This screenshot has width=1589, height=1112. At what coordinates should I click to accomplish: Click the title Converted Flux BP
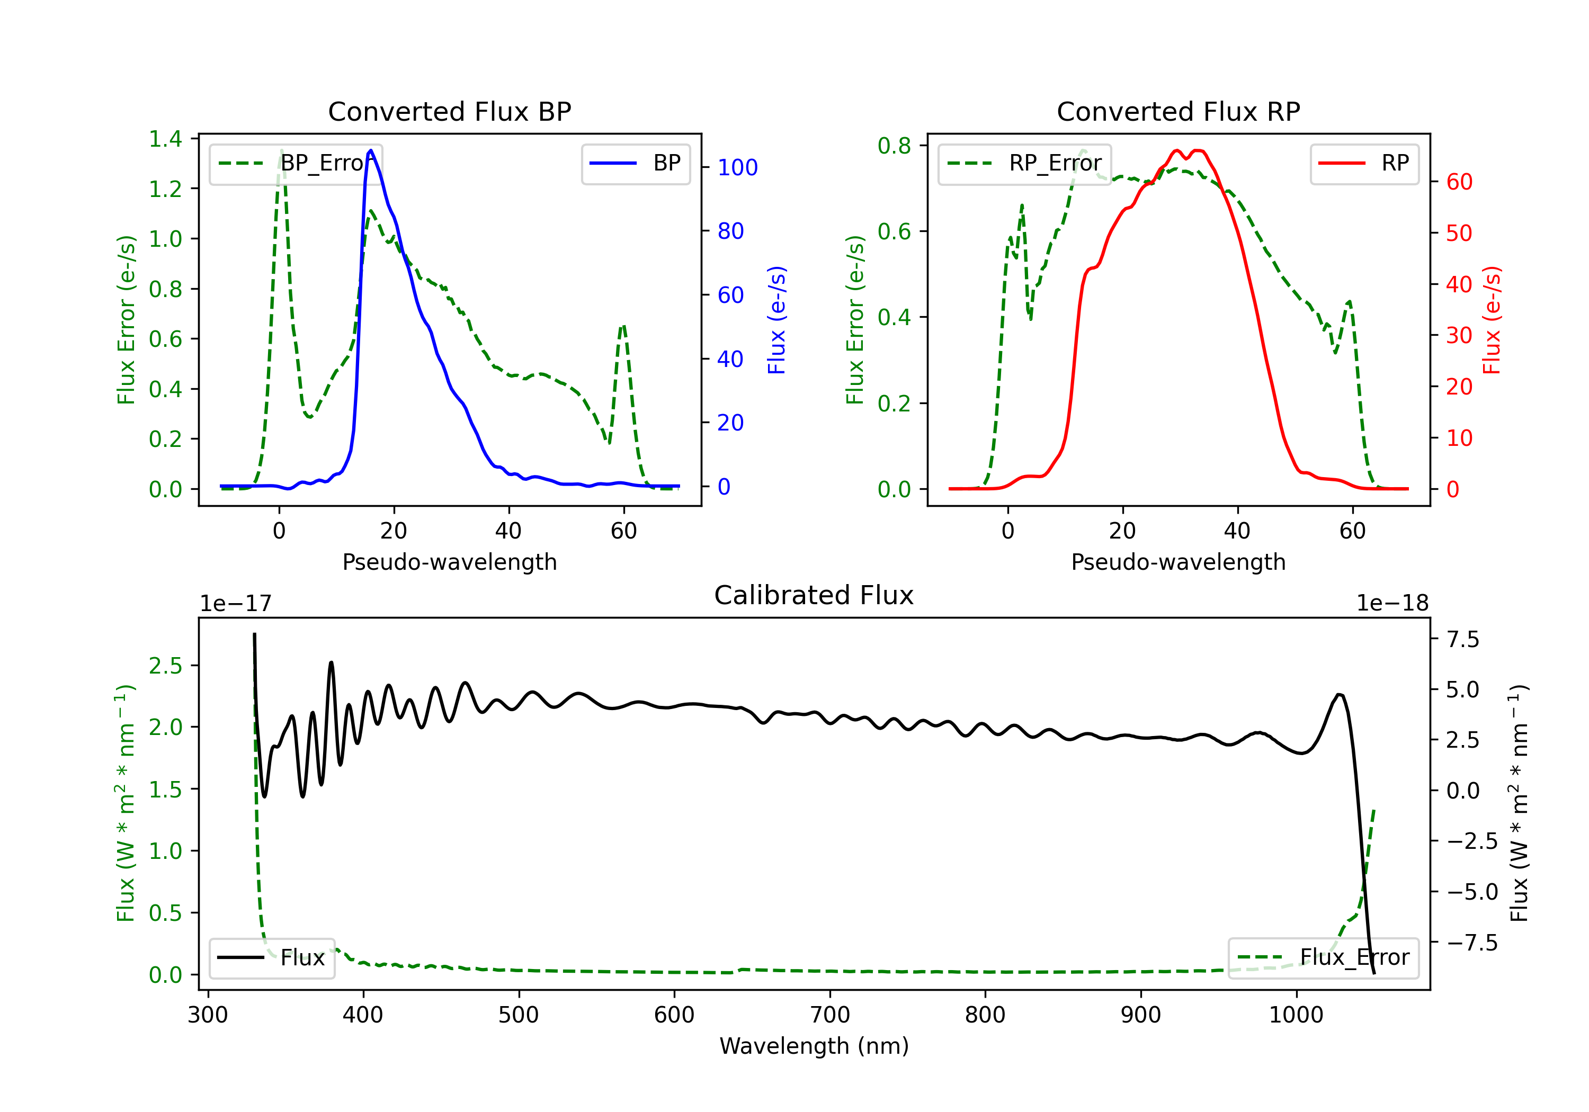tap(450, 111)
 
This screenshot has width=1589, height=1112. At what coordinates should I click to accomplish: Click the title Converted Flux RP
tap(1179, 111)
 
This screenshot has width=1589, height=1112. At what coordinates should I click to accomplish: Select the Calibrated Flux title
tap(814, 595)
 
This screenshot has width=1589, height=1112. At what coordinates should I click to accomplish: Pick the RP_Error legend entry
tap(1024, 163)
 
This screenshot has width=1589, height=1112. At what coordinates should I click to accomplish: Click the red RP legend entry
tap(1364, 163)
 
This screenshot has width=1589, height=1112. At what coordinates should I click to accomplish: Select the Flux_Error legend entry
tap(1323, 958)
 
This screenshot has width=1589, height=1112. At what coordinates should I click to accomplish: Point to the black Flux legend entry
tap(271, 958)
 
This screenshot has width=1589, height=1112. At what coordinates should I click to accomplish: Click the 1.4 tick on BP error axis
tap(165, 139)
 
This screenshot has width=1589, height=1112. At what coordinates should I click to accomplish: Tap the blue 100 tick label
tap(738, 167)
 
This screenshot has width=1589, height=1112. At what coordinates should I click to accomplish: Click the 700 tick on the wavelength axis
tap(830, 1015)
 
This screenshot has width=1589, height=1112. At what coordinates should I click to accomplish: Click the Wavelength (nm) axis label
tap(814, 1046)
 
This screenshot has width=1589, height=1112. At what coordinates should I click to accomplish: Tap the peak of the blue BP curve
tap(371, 150)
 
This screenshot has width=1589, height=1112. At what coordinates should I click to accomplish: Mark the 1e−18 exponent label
tap(1392, 604)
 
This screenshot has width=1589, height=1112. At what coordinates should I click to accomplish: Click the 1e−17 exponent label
tap(236, 604)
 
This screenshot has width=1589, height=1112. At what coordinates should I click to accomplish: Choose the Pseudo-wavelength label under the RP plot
tap(1179, 562)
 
